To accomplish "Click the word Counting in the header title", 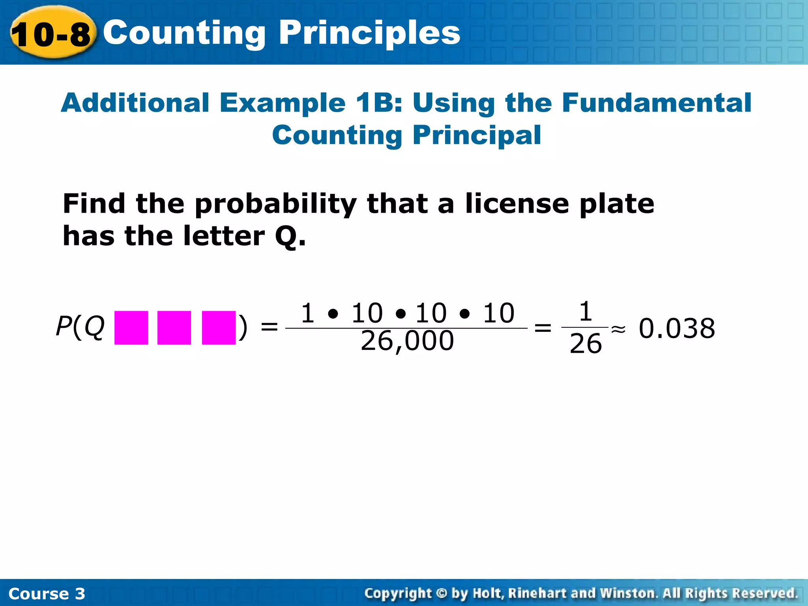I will [x=184, y=34].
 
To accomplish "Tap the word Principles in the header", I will [x=369, y=34].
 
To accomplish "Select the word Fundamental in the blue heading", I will [x=656, y=103].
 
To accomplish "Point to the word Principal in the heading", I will [x=477, y=135].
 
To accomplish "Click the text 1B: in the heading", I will [x=379, y=103].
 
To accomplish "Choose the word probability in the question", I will [x=275, y=204].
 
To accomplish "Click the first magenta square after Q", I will [x=131, y=327].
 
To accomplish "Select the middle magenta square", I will [x=174, y=327].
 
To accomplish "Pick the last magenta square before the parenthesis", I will [x=219, y=327].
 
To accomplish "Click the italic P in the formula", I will [x=64, y=326].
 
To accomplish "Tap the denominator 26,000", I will [x=407, y=341].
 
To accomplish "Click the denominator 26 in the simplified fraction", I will [x=585, y=344].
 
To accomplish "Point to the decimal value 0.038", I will [x=677, y=328].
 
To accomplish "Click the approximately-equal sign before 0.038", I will [x=618, y=329].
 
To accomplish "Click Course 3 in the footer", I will [x=47, y=594].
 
